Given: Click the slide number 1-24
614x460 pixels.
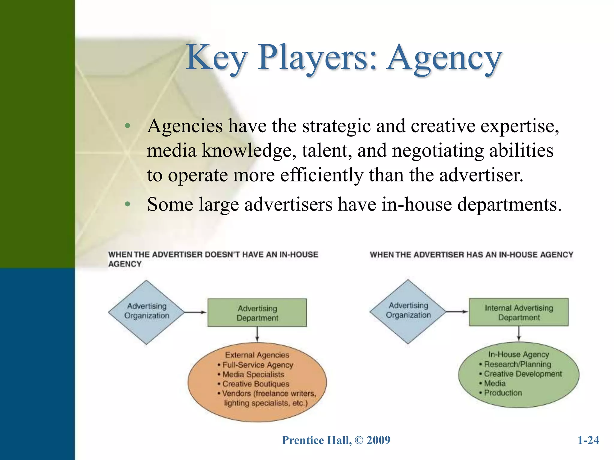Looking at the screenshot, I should tap(588, 440).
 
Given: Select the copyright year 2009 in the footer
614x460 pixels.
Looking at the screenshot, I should tap(378, 440).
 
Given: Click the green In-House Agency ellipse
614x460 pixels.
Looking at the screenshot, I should tap(519, 374).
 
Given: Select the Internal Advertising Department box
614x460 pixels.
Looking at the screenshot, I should tap(519, 312).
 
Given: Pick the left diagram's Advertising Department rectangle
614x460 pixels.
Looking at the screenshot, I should tap(257, 313).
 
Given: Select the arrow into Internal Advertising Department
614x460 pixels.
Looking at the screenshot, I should tap(457, 312).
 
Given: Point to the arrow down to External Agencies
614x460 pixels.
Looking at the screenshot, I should tap(257, 335).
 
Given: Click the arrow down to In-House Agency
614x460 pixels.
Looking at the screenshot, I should tap(519, 334).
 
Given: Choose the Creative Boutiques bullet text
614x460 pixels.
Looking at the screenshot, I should tap(255, 384).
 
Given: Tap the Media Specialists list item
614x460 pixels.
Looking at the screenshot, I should tap(253, 374).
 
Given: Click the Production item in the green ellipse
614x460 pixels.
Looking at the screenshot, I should tap(503, 393).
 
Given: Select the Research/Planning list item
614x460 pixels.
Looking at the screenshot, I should tap(517, 364).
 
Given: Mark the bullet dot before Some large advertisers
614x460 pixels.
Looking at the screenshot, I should tap(128, 205).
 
